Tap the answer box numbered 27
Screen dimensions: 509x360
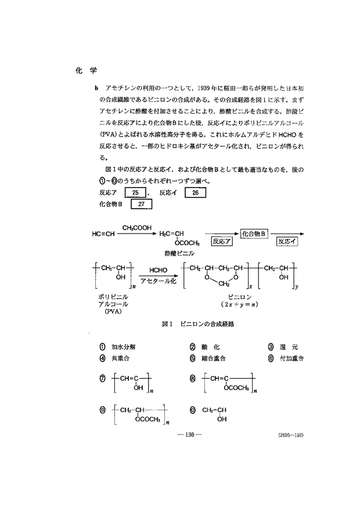pyautogui.click(x=142, y=205)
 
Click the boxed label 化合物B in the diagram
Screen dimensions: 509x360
pyautogui.click(x=254, y=233)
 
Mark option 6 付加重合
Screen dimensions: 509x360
pyautogui.click(x=287, y=358)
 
